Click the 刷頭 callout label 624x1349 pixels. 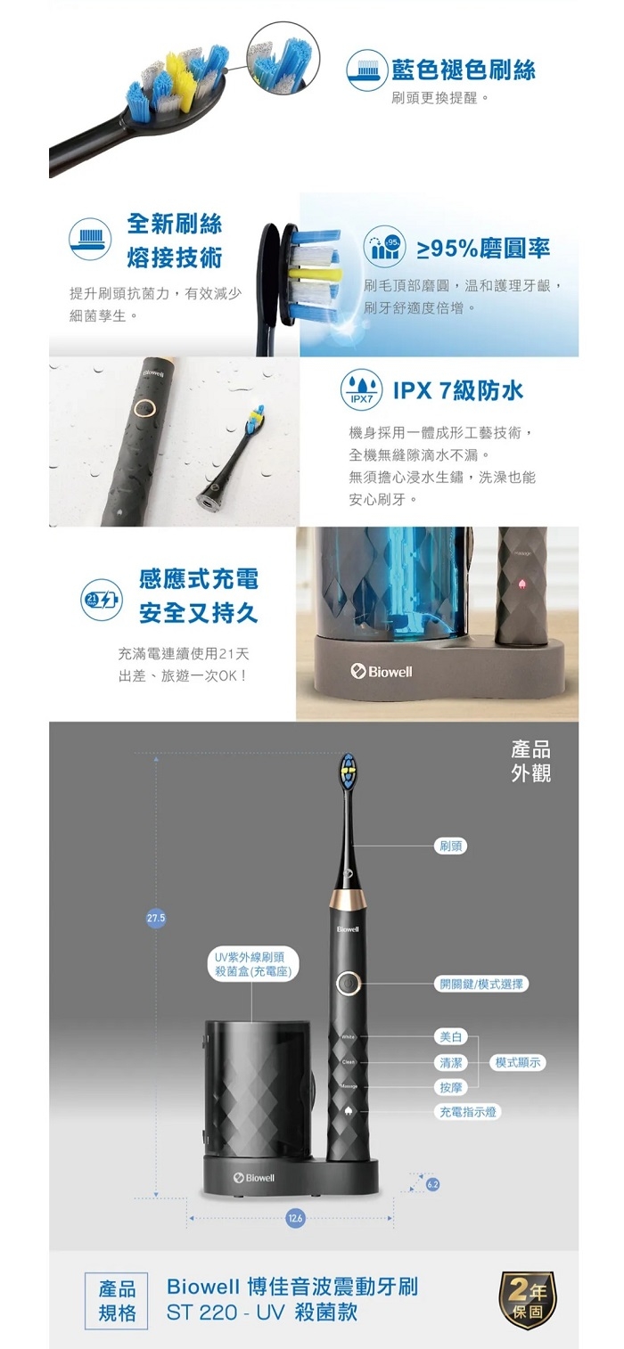click(x=451, y=846)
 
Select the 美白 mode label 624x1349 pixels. click(x=450, y=1037)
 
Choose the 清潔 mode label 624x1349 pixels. click(x=450, y=1062)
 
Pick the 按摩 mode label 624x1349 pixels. click(x=450, y=1087)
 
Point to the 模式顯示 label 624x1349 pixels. click(x=519, y=1062)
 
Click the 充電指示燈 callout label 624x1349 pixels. click(x=468, y=1112)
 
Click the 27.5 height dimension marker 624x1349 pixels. click(x=156, y=919)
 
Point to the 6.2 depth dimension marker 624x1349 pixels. click(x=433, y=1184)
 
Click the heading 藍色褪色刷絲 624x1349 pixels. click(x=464, y=69)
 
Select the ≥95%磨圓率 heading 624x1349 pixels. click(x=483, y=249)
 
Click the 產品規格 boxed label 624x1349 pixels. click(x=117, y=1301)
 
